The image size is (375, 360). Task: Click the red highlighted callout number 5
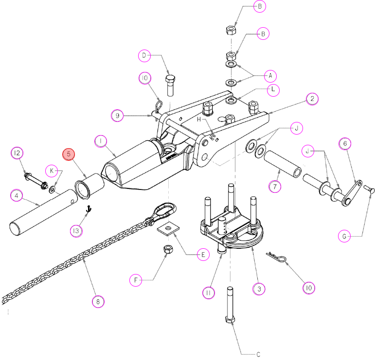[69, 154]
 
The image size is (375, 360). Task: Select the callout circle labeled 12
[17, 153]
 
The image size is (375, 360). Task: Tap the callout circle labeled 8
[98, 302]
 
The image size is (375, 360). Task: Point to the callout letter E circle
[203, 255]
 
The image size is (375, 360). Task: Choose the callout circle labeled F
[136, 280]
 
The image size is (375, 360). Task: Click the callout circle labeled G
[344, 236]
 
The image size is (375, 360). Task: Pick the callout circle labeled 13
[76, 231]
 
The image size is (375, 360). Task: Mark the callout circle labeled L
[273, 90]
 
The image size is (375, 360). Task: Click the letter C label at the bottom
[258, 354]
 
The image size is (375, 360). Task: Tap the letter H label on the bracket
[199, 120]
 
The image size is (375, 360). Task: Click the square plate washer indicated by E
[168, 229]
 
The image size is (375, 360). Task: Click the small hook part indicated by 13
[89, 209]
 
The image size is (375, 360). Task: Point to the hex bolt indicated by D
[170, 86]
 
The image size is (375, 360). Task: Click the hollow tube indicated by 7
[283, 164]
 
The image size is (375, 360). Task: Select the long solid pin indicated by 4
[43, 213]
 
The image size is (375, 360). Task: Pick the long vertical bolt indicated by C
[230, 305]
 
